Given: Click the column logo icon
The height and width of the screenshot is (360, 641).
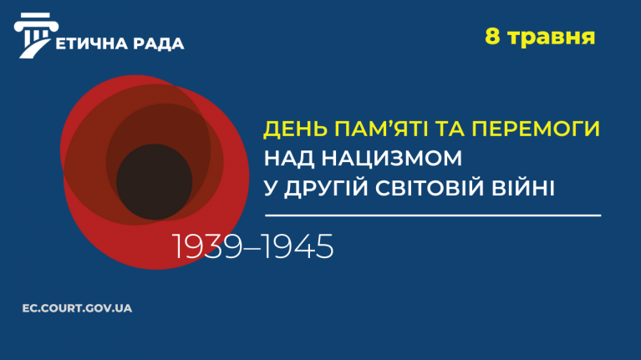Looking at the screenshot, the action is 35,35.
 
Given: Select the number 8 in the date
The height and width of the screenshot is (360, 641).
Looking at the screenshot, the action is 492,37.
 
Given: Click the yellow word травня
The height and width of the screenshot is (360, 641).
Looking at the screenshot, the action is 551,38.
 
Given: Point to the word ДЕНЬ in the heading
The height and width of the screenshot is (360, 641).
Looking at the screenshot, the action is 296,129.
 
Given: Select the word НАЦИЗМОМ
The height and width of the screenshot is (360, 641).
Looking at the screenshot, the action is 392,158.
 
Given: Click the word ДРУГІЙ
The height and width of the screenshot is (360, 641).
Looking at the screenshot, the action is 326,187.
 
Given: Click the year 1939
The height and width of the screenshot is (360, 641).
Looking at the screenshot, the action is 207,246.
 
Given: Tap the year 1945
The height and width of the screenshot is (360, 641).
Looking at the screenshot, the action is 298,246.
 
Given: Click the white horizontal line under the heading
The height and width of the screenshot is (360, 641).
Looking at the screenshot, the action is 433,215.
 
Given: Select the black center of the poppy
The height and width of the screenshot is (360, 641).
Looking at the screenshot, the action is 154,182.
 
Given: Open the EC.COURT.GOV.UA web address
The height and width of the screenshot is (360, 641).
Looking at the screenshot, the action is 77,308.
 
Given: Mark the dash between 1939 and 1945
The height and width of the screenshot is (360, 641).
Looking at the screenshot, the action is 252,247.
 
